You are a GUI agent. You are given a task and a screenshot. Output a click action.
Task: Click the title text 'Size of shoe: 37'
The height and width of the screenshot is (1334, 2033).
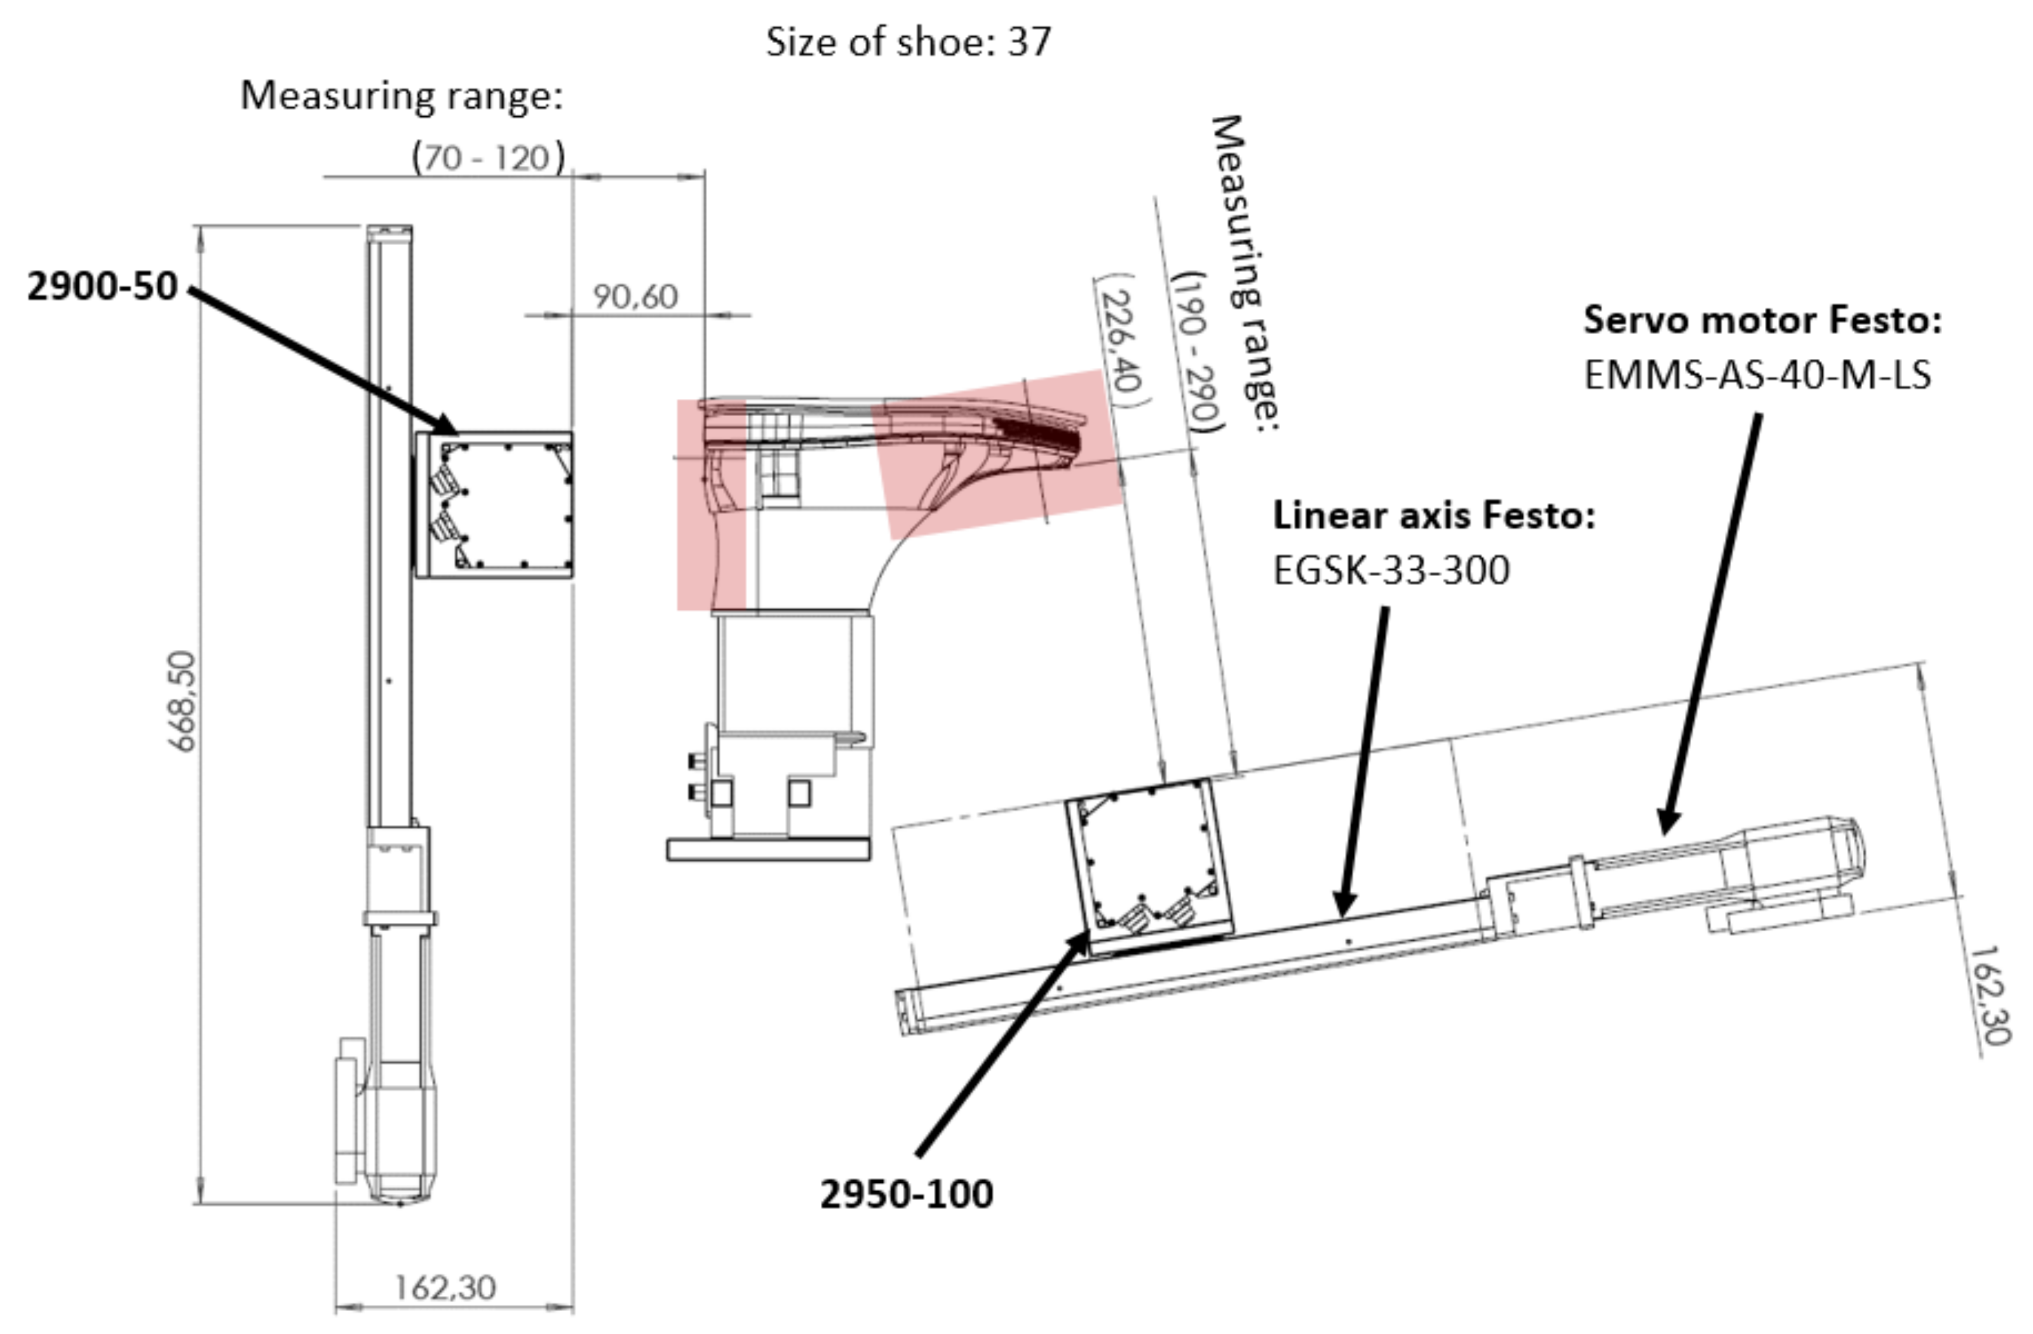pyautogui.click(x=907, y=41)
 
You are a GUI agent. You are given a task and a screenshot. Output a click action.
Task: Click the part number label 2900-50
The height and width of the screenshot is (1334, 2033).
pyautogui.click(x=102, y=286)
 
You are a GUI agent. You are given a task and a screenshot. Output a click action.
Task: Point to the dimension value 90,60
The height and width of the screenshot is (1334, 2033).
pyautogui.click(x=635, y=297)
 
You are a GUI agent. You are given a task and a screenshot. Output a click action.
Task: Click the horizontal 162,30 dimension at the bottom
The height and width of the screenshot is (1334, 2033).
pyautogui.click(x=445, y=1287)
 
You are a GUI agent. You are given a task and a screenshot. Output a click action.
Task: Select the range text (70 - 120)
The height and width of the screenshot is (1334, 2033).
pyautogui.click(x=488, y=157)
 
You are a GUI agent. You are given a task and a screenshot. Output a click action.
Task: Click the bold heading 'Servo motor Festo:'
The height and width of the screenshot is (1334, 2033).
pyautogui.click(x=1762, y=320)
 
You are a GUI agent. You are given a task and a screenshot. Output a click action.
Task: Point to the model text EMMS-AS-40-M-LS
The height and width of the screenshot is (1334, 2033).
pyautogui.click(x=1757, y=375)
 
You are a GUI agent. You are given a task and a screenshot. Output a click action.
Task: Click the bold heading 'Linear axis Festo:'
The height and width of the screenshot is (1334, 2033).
pyautogui.click(x=1434, y=515)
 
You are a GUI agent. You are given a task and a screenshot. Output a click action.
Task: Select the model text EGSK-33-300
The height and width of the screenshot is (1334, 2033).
pyautogui.click(x=1391, y=570)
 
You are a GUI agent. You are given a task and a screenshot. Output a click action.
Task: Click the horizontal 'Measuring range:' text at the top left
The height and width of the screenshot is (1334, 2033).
pyautogui.click(x=402, y=95)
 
